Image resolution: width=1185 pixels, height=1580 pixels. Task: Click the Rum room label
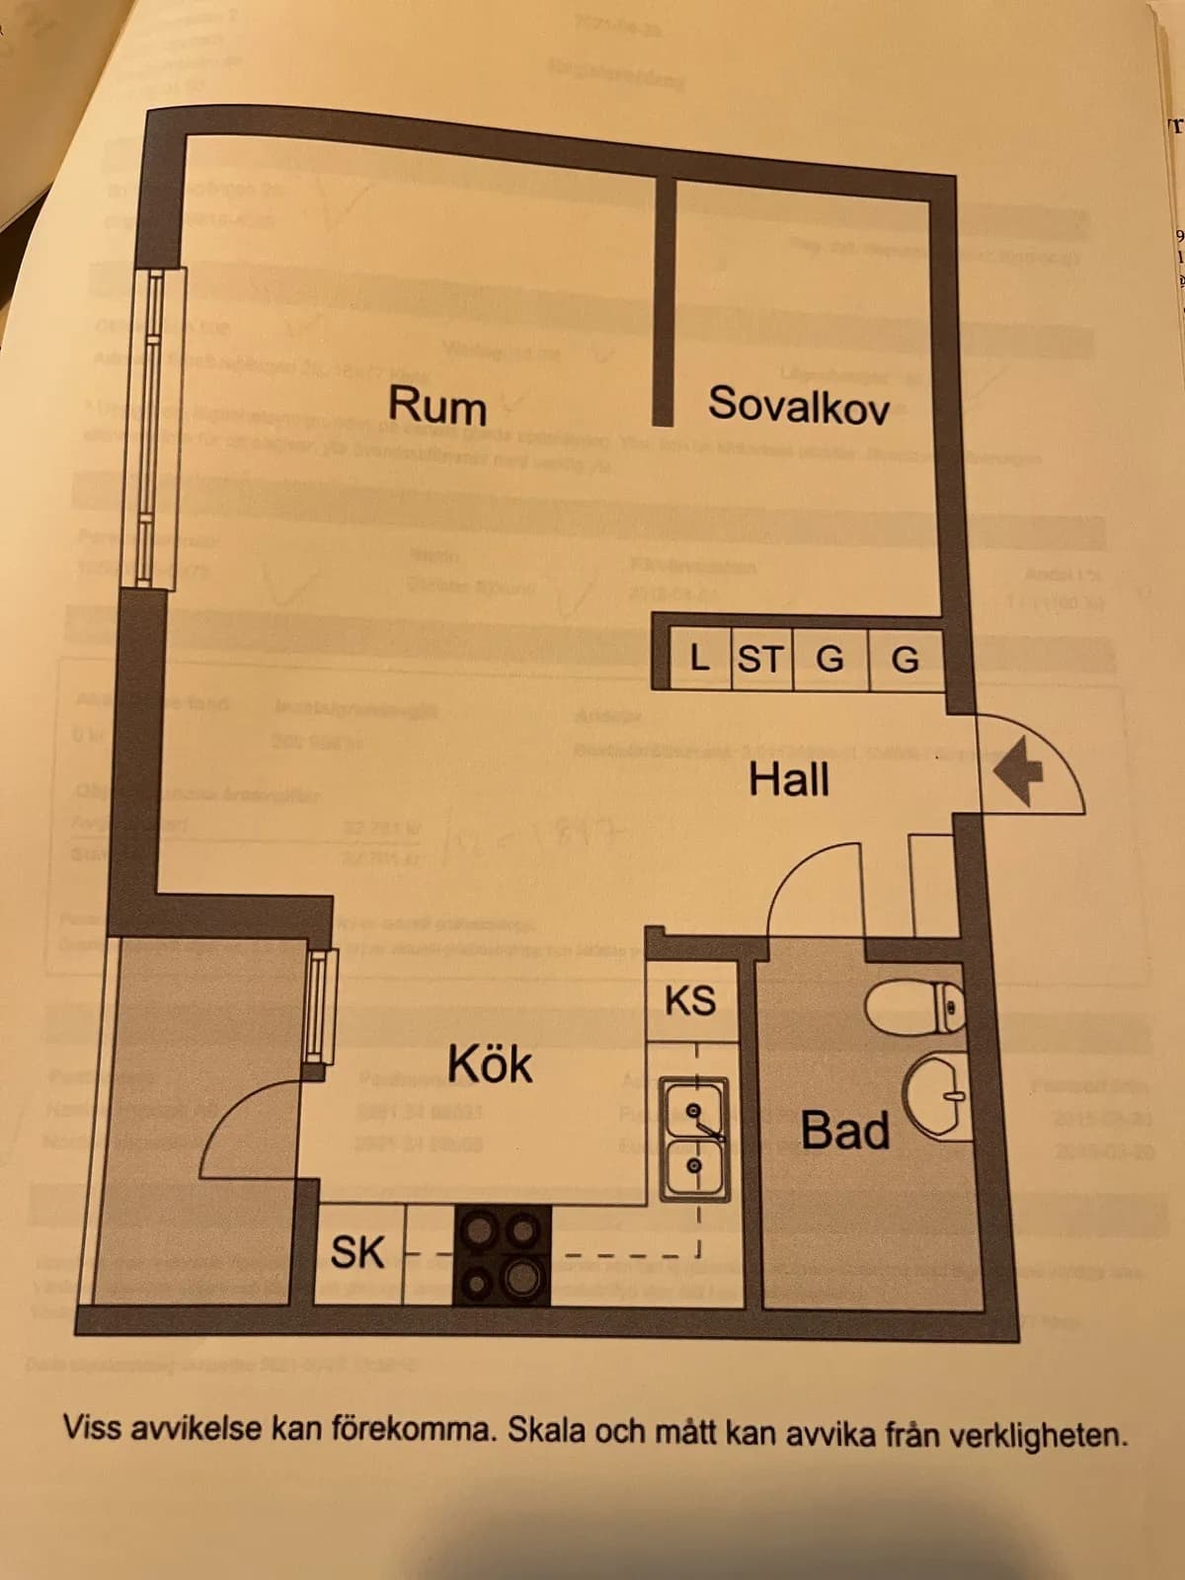tap(436, 406)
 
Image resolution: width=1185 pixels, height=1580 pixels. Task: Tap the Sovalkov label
tap(798, 405)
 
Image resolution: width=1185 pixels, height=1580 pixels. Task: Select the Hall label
tap(788, 780)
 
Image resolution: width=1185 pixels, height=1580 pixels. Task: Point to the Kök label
tap(490, 1065)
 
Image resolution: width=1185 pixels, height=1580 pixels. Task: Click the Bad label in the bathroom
tap(844, 1131)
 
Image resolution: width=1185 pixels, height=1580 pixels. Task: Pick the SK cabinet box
tap(358, 1252)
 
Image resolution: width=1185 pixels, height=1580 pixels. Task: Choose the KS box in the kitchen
tap(690, 1000)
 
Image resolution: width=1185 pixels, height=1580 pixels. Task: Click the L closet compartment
tap(700, 659)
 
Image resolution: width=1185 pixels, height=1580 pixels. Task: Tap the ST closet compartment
tap(760, 659)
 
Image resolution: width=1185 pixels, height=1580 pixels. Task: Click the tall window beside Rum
tap(154, 425)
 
